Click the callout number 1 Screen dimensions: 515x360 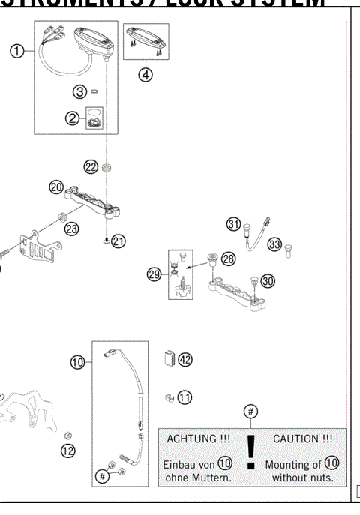16,51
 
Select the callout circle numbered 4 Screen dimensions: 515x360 145,73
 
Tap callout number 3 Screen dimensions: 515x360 79,92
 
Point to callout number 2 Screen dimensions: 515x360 73,118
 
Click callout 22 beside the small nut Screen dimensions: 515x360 91,167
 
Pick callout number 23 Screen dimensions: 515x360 71,229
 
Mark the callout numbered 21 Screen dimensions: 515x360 119,241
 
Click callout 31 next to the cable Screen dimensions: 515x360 234,225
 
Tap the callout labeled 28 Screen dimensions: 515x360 228,259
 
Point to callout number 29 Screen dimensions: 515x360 154,274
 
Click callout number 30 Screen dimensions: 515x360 268,280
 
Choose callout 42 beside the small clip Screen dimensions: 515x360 184,359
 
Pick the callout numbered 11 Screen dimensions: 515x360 184,397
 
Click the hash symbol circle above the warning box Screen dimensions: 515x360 251,411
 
